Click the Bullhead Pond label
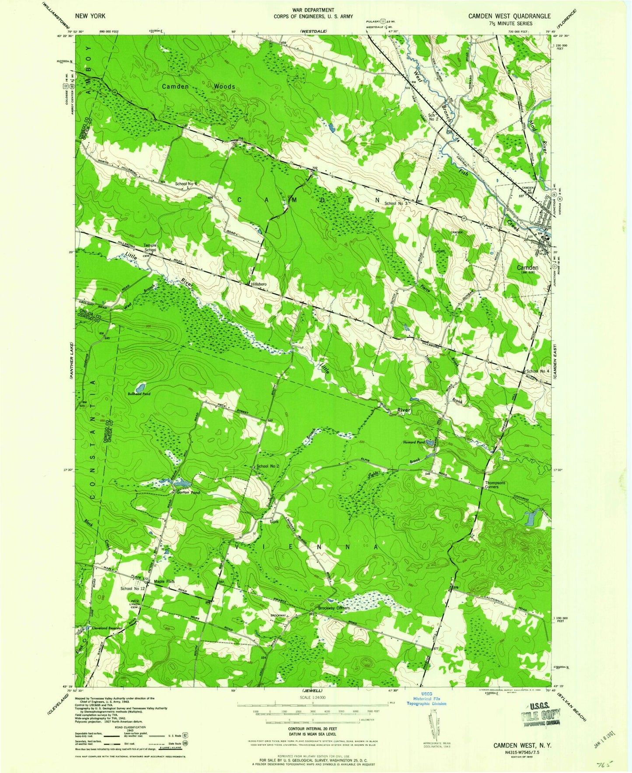pos(139,394)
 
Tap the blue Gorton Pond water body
pos(182,483)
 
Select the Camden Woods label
pos(198,87)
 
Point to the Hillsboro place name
pos(258,284)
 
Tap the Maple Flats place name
pos(164,581)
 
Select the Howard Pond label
pos(414,442)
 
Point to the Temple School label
pos(150,248)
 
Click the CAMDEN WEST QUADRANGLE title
pos(510,16)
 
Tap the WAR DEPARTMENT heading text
pos(314,10)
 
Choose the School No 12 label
pos(133,589)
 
